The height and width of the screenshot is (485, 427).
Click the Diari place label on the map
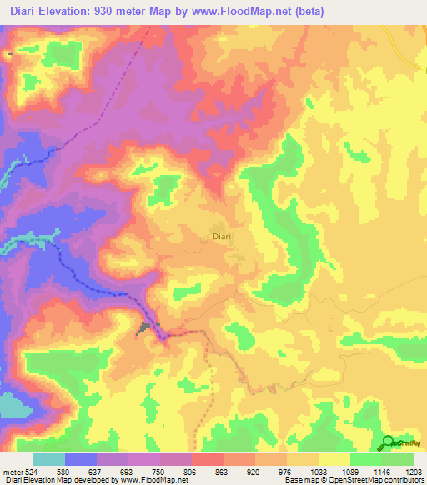(x=221, y=237)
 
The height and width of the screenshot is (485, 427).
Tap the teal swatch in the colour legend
(x=49, y=459)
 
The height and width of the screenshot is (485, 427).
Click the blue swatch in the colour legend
(x=81, y=459)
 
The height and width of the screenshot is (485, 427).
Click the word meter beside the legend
(x=12, y=471)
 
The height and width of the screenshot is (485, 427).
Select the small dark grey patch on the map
(x=148, y=327)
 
